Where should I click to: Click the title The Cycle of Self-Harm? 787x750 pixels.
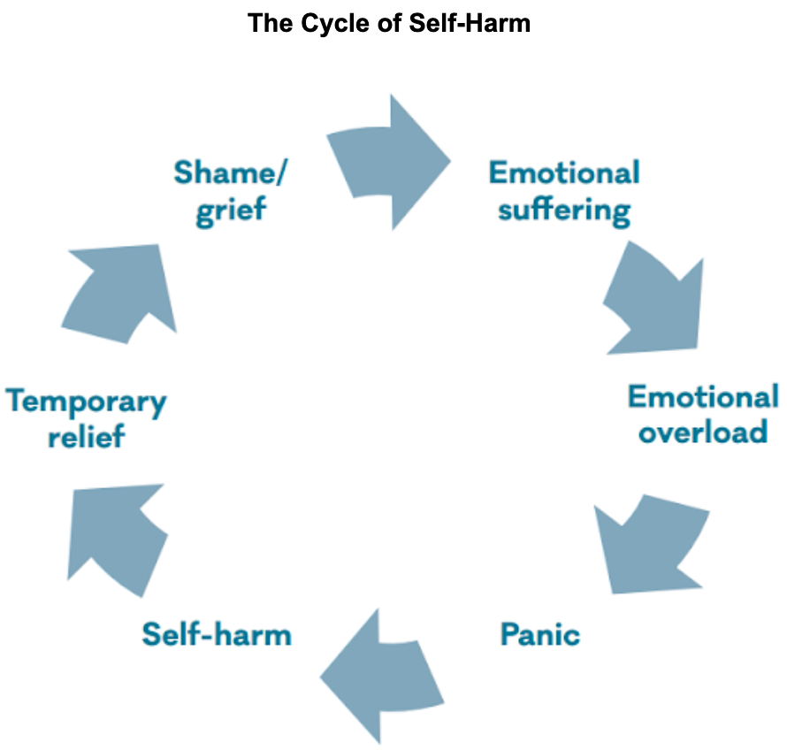tap(389, 22)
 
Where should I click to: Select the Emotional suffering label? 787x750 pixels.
tap(564, 191)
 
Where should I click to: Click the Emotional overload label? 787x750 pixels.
tap(703, 413)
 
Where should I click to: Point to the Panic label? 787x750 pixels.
tap(539, 634)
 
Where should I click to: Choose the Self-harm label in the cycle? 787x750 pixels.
tap(217, 634)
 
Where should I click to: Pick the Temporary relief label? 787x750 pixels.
tap(86, 417)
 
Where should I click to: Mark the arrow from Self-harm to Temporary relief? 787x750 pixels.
tap(115, 536)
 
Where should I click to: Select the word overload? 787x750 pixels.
tap(703, 432)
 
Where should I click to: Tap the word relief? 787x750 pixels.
tap(86, 436)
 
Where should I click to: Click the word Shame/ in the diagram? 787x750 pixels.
tap(229, 172)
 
